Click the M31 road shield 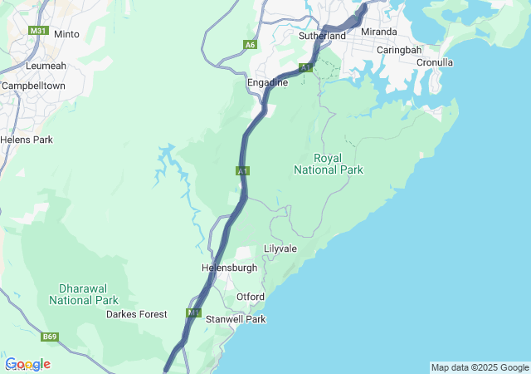click(38, 31)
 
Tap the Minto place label click(66, 34)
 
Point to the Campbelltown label click(33, 86)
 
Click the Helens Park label click(27, 140)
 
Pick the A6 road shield click(250, 45)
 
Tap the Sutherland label click(323, 37)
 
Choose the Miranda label click(378, 32)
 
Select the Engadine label click(267, 83)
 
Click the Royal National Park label click(329, 164)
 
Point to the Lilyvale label click(280, 249)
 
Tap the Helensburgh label click(229, 268)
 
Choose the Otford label click(250, 297)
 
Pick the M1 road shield click(194, 313)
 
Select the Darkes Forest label click(136, 314)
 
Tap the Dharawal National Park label click(83, 293)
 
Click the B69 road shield click(51, 337)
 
